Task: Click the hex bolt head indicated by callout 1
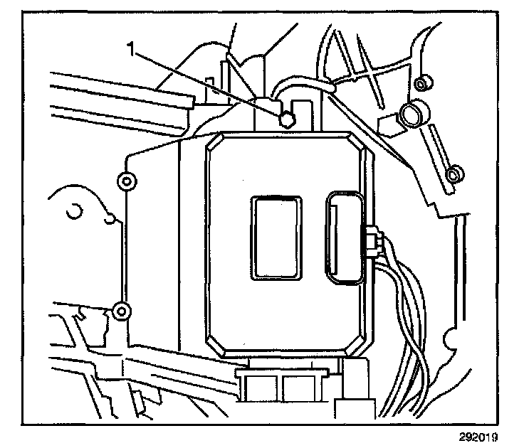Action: pyautogui.click(x=285, y=119)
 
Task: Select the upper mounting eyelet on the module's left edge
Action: pyautogui.click(x=126, y=181)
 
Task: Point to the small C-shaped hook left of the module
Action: pyautogui.click(x=73, y=212)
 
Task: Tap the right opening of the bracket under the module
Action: pyautogui.click(x=295, y=388)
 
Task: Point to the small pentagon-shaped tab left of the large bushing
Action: pyautogui.click(x=387, y=122)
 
